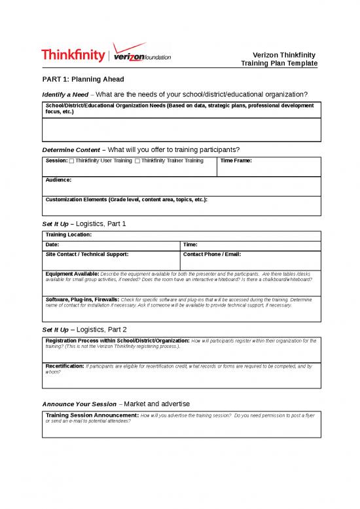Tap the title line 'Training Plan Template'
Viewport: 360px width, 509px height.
pos(279,64)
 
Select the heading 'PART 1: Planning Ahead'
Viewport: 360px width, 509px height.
pos(82,79)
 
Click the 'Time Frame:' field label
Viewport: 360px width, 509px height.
pos(236,160)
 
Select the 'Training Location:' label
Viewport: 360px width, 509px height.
pos(69,234)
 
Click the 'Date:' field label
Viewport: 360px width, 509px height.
pos(52,244)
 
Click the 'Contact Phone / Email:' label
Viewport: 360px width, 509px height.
pos(212,254)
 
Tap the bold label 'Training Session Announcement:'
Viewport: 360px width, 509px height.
pos(92,415)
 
